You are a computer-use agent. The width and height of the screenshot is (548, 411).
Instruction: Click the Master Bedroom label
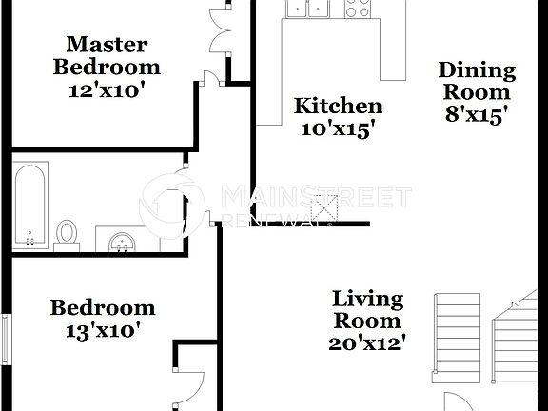[x=107, y=55]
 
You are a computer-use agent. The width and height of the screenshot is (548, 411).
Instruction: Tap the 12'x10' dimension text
[x=107, y=91]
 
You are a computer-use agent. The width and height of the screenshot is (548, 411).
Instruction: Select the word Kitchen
[x=338, y=107]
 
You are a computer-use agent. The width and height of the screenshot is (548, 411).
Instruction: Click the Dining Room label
[x=477, y=82]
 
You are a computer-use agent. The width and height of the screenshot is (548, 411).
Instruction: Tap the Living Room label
[x=367, y=309]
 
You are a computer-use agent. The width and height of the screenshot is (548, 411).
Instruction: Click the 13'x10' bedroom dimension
[x=102, y=331]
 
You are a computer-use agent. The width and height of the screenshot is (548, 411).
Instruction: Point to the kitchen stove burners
[x=357, y=10]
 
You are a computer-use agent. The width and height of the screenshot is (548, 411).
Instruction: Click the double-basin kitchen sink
[x=307, y=9]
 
